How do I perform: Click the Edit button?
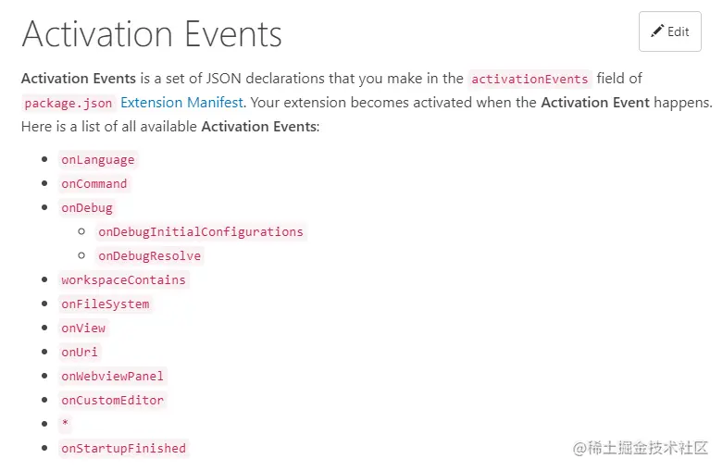(x=669, y=31)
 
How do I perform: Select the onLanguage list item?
(x=97, y=159)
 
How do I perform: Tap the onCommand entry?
(x=93, y=183)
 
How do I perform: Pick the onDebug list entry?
(x=86, y=207)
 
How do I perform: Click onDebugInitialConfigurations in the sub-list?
(x=200, y=231)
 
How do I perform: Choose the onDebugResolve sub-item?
(x=149, y=255)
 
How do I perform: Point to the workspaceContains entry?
(x=123, y=279)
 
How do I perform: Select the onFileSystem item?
(x=105, y=304)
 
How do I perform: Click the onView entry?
(x=83, y=328)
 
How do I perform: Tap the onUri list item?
(x=79, y=352)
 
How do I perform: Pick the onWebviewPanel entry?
(x=112, y=376)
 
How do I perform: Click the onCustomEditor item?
(x=112, y=400)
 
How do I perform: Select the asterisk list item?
(x=65, y=424)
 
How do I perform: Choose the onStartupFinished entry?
(x=123, y=448)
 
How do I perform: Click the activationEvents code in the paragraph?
(x=530, y=80)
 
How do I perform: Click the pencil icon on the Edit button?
(x=657, y=31)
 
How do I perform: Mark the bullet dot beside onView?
(x=44, y=328)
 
